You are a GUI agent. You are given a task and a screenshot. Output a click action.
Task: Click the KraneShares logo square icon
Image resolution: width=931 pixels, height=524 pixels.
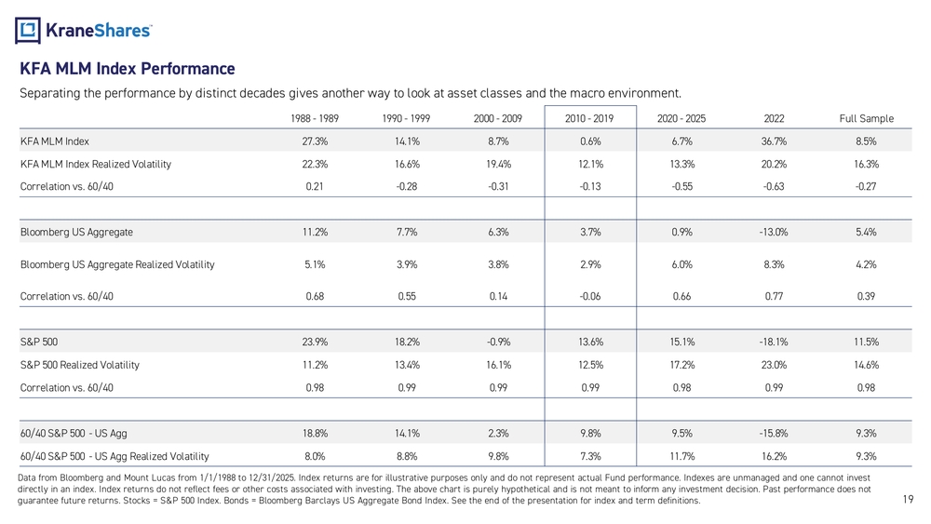pos(28,31)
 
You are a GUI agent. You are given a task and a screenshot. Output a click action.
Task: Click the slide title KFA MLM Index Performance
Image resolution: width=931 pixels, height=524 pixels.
pos(127,69)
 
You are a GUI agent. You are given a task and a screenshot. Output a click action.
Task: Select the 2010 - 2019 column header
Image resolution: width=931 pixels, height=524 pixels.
pos(589,119)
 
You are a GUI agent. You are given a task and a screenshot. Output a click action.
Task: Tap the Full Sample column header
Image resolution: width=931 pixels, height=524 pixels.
pos(866,119)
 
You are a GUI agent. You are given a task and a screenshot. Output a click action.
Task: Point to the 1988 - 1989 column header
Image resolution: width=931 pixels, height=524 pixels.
pos(315,119)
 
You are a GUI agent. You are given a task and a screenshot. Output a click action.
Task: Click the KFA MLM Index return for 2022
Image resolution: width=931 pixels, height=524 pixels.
pos(775,141)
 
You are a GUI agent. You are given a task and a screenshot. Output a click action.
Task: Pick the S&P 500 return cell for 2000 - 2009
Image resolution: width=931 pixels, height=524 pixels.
pos(498,342)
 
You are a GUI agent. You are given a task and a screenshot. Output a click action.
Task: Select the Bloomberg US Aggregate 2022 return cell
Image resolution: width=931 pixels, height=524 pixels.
pos(774,232)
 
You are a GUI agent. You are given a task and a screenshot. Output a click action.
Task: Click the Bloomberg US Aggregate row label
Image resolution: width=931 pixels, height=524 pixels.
pos(76,232)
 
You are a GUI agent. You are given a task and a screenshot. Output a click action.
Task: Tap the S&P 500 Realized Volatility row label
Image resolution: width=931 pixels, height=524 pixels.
pos(79,365)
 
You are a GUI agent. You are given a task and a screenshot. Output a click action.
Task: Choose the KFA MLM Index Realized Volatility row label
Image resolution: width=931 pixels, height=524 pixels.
pos(96,164)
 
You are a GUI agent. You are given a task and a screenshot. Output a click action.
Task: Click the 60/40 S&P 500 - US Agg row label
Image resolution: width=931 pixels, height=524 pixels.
pos(74,433)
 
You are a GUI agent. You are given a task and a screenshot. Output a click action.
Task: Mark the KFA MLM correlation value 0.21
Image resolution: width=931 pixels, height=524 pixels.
pos(315,186)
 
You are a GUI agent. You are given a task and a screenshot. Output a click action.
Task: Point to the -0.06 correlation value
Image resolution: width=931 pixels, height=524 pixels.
pos(590,296)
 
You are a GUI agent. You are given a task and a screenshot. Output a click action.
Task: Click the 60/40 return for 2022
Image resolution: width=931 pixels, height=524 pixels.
pos(774,433)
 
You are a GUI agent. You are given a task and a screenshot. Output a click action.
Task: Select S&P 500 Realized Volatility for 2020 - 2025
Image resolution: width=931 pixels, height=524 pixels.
pos(682,365)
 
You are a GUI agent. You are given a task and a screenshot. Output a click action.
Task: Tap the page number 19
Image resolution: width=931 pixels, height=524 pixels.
pos(908,499)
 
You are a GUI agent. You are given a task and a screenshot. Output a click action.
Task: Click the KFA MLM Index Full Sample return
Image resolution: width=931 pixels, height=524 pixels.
pos(866,141)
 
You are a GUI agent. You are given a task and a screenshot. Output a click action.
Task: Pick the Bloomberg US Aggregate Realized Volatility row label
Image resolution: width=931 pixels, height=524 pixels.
pos(117,264)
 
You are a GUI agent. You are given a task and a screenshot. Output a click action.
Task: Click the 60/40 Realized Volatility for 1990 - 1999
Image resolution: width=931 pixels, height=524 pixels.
pos(407,456)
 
